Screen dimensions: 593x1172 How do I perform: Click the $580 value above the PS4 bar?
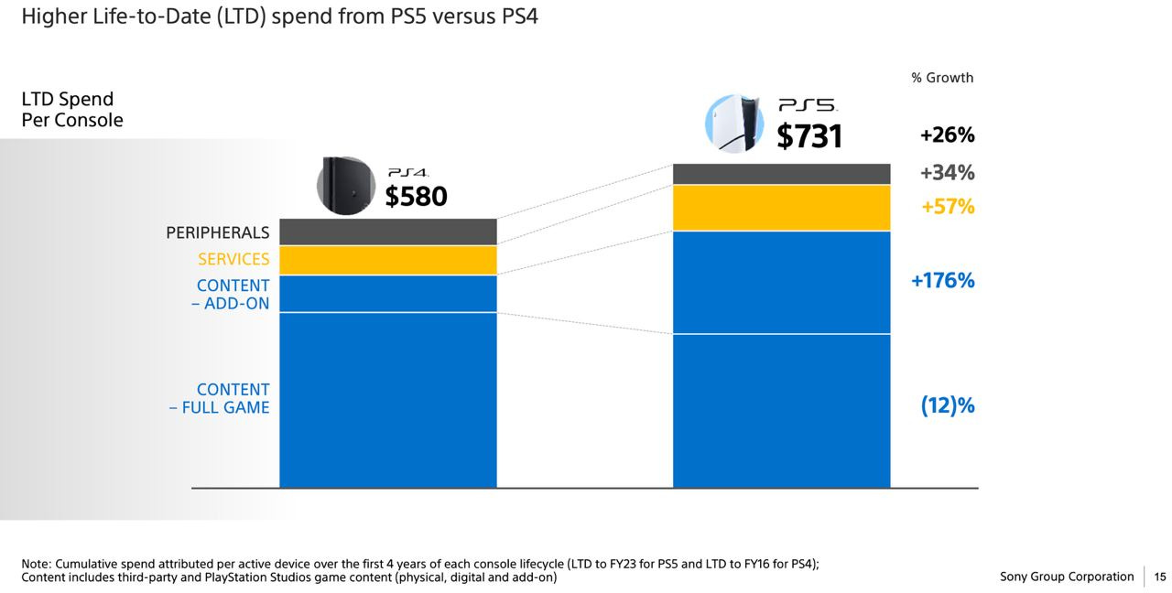416,196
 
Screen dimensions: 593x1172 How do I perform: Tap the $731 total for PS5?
809,136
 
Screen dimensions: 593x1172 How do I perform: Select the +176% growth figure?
942,281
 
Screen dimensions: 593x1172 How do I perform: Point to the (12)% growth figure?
947,405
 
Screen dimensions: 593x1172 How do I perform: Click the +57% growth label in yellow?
948,207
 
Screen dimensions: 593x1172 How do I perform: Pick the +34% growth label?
947,173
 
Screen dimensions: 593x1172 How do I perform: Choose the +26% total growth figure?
947,135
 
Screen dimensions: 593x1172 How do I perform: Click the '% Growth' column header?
942,78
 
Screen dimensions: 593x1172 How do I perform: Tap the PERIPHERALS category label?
218,232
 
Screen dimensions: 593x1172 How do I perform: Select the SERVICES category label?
233,259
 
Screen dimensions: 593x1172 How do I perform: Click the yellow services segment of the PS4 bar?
387,260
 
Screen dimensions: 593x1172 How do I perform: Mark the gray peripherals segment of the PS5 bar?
781,174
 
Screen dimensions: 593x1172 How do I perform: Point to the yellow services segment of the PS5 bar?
781,208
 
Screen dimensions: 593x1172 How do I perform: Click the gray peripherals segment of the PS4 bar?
387,232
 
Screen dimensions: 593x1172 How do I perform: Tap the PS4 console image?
346,186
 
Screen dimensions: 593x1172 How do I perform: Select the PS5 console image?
734,124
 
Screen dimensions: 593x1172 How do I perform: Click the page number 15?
1159,577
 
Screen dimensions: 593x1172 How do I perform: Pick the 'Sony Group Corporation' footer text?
1067,577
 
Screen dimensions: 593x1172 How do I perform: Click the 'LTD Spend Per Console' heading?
72,110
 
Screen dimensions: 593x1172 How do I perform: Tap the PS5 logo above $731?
807,106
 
